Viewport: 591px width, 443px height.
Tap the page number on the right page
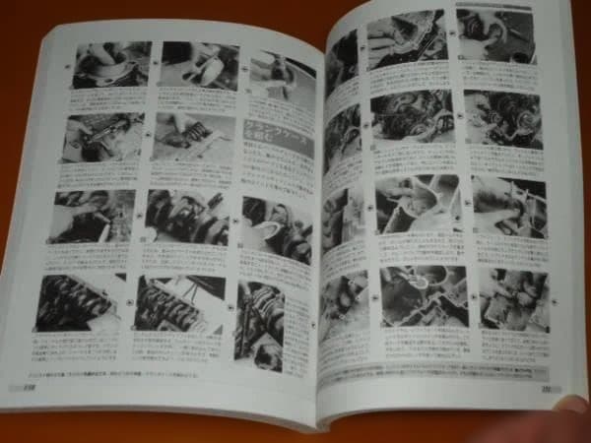click(x=545, y=386)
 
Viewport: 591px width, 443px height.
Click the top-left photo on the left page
click(x=112, y=65)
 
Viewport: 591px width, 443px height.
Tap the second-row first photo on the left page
click(x=103, y=138)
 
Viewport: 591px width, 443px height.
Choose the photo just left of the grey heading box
click(x=194, y=139)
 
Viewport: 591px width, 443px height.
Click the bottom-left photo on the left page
click(x=78, y=302)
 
